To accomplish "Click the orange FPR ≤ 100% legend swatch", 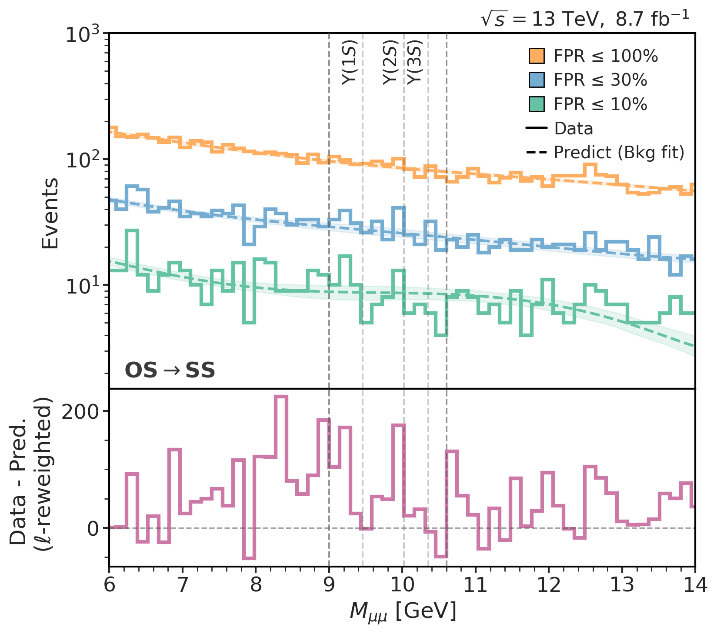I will [537, 56].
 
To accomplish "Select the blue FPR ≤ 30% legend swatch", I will [537, 80].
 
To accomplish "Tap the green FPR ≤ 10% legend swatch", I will [537, 104].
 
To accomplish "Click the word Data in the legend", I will [574, 129].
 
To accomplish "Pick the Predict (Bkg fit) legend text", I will [619, 153].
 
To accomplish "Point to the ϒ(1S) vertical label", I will [349, 62].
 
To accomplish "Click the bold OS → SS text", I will [170, 370].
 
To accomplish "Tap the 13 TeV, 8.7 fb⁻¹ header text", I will [585, 20].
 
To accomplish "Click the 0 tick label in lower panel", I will [93, 528].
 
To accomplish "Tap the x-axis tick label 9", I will [329, 585].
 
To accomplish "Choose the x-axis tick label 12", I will [549, 585].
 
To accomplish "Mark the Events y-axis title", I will [50, 213].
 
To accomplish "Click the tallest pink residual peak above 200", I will [281, 397].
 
